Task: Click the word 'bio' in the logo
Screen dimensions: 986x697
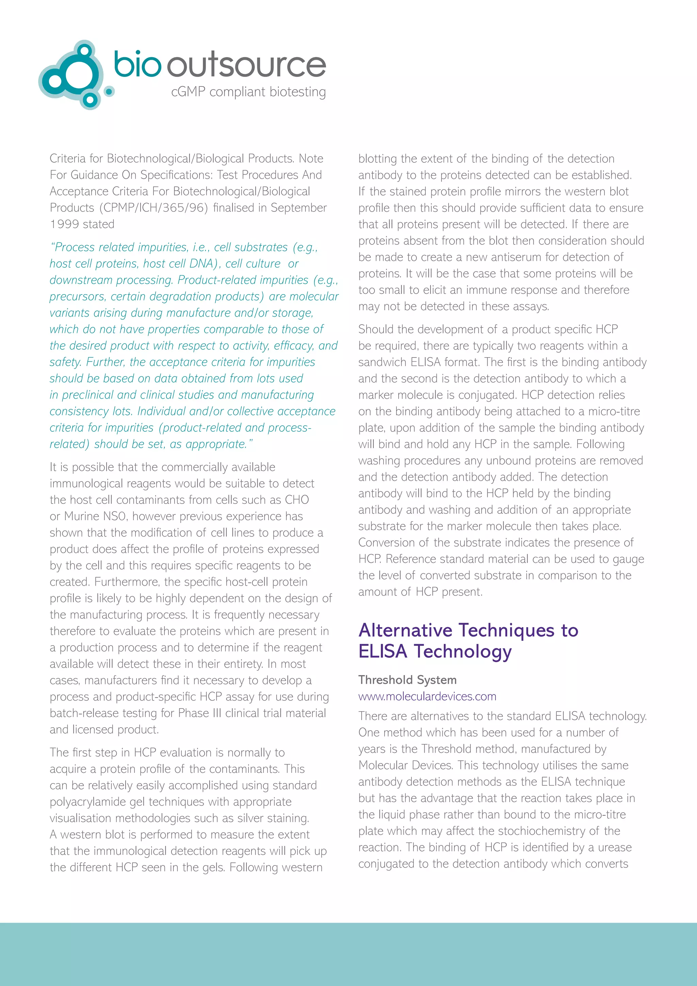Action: [137, 65]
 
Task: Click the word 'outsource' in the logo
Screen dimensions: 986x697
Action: [246, 66]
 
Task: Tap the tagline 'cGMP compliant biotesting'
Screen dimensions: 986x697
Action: [248, 92]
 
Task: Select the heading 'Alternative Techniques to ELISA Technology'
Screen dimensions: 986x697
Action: [468, 640]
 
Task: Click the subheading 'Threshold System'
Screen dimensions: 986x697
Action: [407, 680]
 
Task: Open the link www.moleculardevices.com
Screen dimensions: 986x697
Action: [427, 696]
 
